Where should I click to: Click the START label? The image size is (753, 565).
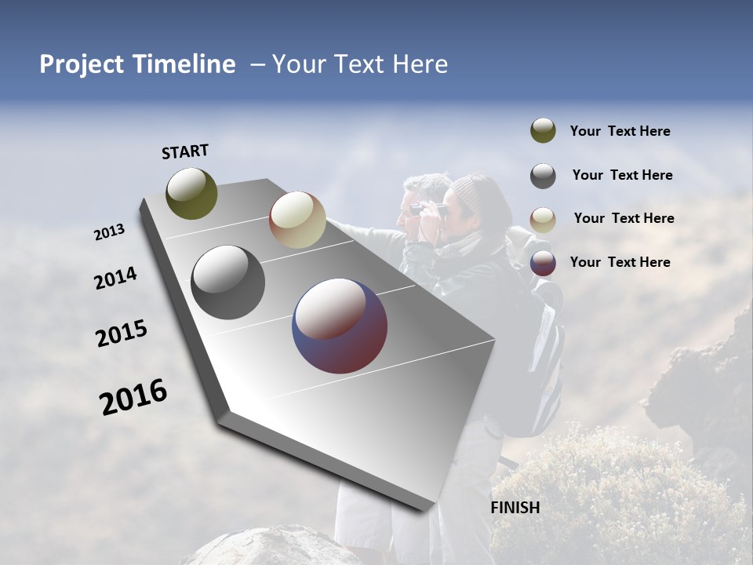185,151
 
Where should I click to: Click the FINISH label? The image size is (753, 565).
515,508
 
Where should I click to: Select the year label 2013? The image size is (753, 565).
109,232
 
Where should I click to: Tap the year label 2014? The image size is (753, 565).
115,279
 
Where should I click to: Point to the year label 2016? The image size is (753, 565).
133,397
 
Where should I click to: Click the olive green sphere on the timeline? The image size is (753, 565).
191,193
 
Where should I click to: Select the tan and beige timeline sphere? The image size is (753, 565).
297,220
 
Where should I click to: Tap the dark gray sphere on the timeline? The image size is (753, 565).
228,282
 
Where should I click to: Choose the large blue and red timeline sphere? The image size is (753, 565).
340,326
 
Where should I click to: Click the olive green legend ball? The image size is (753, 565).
543,130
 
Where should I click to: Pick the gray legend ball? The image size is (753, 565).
543,176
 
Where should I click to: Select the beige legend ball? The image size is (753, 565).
543,220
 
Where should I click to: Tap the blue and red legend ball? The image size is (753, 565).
543,263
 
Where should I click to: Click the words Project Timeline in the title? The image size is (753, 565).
137,64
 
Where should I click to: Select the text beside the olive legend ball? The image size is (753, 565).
620,132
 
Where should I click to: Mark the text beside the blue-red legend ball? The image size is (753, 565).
620,262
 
